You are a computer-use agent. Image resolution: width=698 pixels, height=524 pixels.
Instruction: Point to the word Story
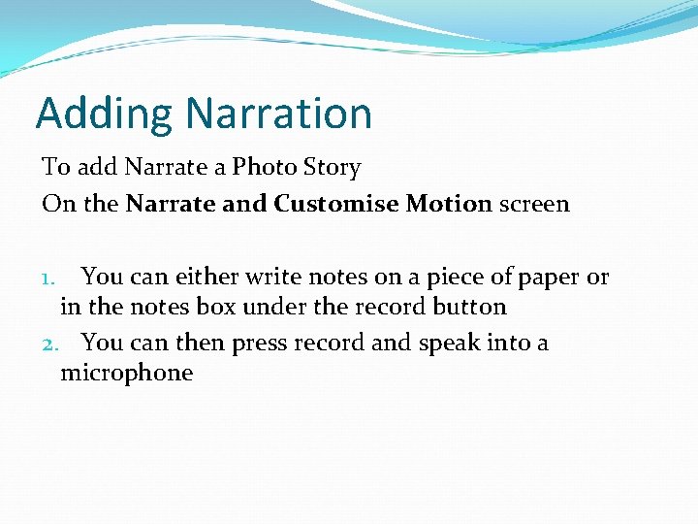(x=331, y=167)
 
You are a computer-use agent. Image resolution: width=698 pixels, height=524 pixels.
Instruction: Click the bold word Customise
(x=336, y=204)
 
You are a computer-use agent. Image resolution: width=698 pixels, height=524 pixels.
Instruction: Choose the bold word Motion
(x=449, y=204)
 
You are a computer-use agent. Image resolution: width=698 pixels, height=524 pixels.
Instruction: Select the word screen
(x=535, y=204)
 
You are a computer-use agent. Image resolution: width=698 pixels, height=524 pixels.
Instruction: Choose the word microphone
(x=127, y=373)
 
